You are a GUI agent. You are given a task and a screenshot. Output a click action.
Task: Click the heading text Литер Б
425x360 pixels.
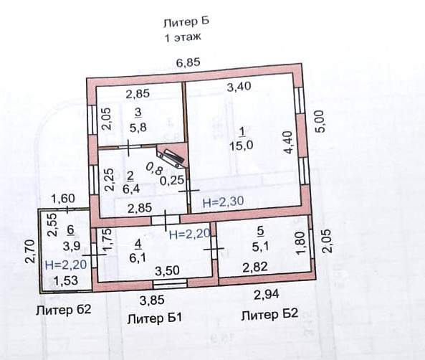186,22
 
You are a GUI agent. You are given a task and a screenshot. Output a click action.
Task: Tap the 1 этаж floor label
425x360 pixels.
183,37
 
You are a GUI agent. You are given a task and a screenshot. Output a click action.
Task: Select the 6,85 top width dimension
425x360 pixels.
188,62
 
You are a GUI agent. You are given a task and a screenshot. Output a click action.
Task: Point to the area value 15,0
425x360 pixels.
241,146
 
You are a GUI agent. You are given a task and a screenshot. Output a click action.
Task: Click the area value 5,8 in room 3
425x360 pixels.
138,128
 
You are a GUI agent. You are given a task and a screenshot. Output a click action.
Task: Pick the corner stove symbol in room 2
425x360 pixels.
172,157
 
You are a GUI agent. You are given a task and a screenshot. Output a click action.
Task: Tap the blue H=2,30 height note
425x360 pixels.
223,202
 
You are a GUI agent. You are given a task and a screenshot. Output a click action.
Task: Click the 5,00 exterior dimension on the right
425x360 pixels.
320,121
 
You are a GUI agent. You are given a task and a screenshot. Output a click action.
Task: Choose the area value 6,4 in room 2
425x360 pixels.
131,189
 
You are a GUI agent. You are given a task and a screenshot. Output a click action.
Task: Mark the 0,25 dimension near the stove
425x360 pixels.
172,181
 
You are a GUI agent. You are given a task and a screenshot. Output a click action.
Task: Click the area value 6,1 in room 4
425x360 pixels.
138,257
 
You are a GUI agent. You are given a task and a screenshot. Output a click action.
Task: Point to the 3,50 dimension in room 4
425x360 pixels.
167,270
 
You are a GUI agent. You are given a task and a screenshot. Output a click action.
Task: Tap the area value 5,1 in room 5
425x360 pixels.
260,247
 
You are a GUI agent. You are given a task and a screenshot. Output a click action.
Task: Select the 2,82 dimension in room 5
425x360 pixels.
255,267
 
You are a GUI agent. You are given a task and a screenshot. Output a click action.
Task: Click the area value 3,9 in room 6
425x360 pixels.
72,246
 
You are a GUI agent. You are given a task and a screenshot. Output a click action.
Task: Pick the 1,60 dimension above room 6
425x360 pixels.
63,199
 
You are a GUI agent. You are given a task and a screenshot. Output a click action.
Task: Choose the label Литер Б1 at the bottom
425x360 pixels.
155,318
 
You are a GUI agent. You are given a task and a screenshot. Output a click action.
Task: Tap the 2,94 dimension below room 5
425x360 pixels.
266,294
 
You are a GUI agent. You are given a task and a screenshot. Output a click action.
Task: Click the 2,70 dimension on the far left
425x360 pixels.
30,251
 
